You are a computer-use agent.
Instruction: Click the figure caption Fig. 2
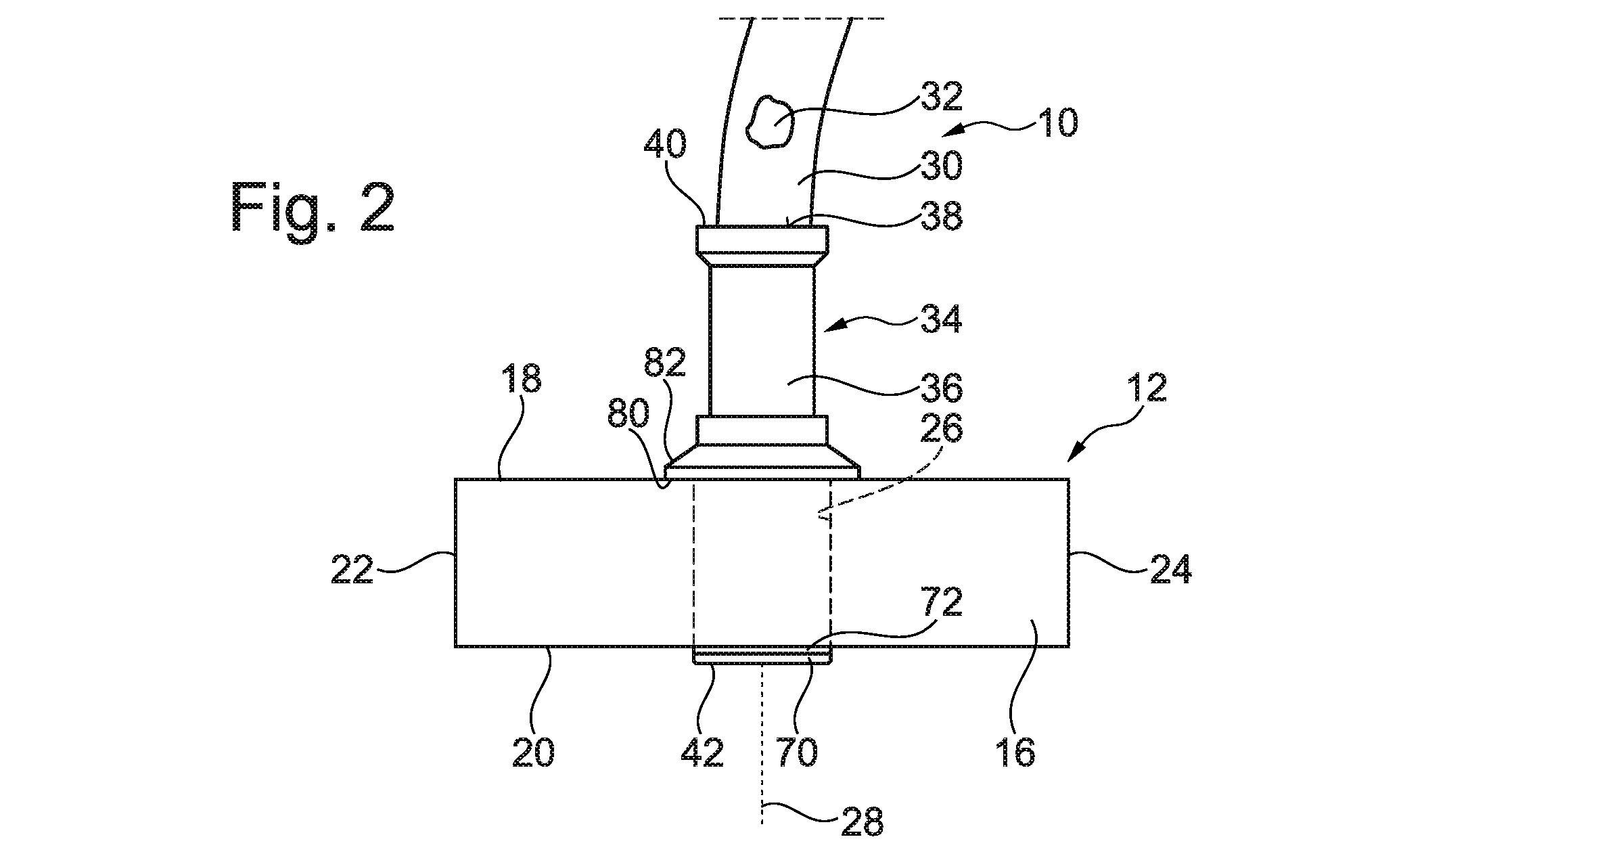tap(312, 208)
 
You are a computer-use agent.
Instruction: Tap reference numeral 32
tap(940, 98)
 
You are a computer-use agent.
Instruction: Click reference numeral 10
tap(1057, 123)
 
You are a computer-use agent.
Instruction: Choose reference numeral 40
tap(665, 145)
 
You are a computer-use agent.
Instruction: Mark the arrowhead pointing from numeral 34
tap(836, 327)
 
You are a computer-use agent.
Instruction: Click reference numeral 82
tap(664, 363)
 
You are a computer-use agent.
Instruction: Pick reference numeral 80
tap(630, 414)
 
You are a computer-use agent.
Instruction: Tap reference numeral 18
tap(522, 380)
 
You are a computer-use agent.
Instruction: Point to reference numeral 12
tap(1146, 388)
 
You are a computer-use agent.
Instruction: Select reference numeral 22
tap(352, 569)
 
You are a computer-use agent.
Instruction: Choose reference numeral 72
tap(940, 602)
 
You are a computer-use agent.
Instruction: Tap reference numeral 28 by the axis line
tap(862, 821)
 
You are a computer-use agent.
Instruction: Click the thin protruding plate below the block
tap(762, 656)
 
